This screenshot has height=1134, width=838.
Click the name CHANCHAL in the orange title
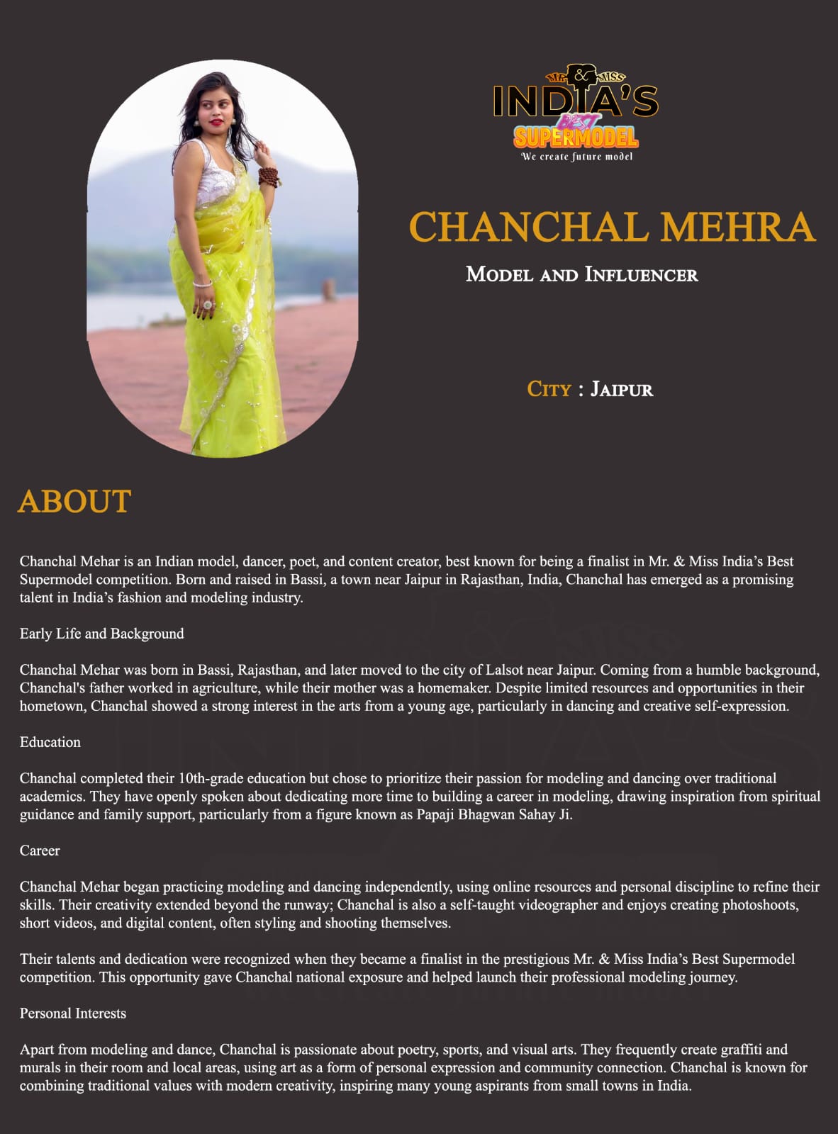click(525, 228)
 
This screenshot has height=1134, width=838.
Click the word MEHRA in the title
click(737, 228)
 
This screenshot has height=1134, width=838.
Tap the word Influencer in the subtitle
click(641, 275)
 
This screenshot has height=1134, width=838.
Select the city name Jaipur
click(622, 389)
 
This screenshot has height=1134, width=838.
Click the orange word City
click(549, 389)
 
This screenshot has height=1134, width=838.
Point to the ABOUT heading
click(74, 502)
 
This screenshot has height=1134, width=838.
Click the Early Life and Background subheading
click(101, 634)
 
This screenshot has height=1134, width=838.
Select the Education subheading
click(50, 742)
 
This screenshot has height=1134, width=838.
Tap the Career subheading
click(40, 850)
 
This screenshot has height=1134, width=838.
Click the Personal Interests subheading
click(73, 1014)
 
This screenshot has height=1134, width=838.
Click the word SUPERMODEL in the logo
click(576, 137)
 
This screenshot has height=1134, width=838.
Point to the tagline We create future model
click(576, 157)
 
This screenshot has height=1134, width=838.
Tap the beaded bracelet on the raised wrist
click(269, 176)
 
